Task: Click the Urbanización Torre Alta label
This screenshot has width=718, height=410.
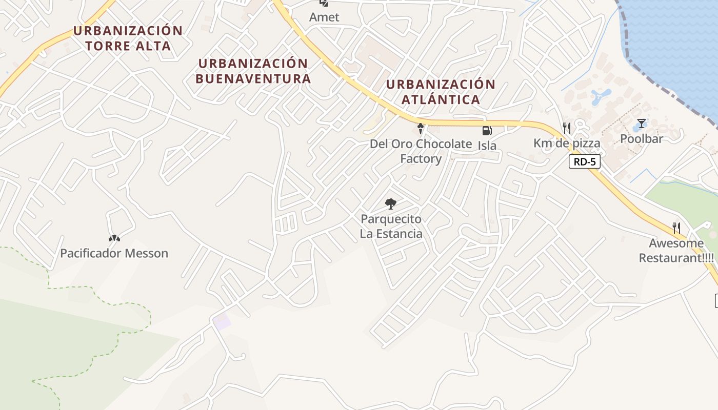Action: coord(128,38)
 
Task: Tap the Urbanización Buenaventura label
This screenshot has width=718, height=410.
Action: coord(253,71)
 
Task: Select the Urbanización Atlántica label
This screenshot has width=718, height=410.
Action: coord(441,92)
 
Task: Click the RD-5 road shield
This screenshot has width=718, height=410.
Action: coord(584,162)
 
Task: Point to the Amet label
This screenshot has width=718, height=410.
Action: coord(324,17)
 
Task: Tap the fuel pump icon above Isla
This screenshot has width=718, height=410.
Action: coord(487,131)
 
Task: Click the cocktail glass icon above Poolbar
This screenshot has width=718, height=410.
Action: coord(641,124)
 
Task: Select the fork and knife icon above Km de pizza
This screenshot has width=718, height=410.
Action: coord(567,128)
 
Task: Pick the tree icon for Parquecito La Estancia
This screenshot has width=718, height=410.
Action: coord(391,204)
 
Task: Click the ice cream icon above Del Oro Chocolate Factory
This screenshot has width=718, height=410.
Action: coord(421,128)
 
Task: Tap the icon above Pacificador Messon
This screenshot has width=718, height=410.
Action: coord(114,238)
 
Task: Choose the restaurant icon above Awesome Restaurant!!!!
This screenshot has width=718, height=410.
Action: coord(676,228)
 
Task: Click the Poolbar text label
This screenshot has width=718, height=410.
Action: coord(642,138)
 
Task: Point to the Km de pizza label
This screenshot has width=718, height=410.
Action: coord(567,143)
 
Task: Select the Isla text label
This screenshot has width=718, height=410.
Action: coord(487,146)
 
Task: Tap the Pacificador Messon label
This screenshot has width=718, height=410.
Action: coord(114,253)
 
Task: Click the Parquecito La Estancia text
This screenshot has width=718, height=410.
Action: coord(391,227)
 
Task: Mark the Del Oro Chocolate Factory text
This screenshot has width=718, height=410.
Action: coord(421,151)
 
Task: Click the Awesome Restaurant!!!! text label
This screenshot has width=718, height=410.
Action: coord(676,250)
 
